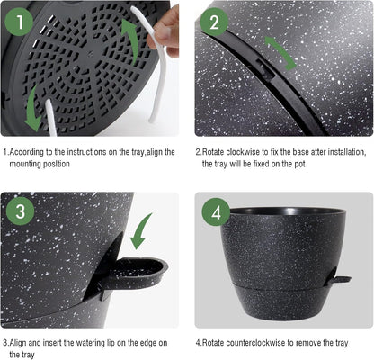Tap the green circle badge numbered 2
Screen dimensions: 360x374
[x=214, y=21]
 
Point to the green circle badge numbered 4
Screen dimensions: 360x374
[x=214, y=212]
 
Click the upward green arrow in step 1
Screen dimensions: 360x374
[x=131, y=40]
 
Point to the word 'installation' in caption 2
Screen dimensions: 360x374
[x=346, y=153]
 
